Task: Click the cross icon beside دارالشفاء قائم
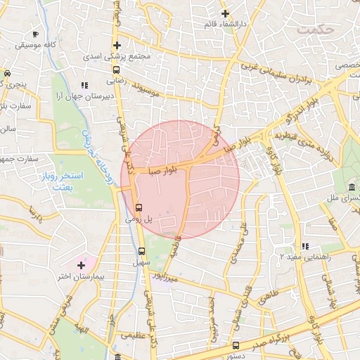click(225, 13)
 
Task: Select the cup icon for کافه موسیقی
click(36, 34)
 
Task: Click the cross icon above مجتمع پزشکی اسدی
click(117, 45)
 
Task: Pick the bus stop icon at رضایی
click(116, 70)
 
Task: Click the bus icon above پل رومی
click(139, 207)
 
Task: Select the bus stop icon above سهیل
click(141, 250)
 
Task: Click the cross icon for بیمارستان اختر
click(82, 266)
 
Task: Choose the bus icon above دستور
click(236, 345)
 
